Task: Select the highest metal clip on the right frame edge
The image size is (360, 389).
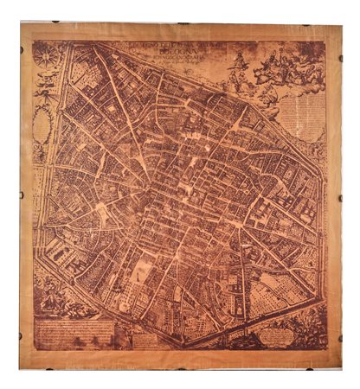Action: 340,59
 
